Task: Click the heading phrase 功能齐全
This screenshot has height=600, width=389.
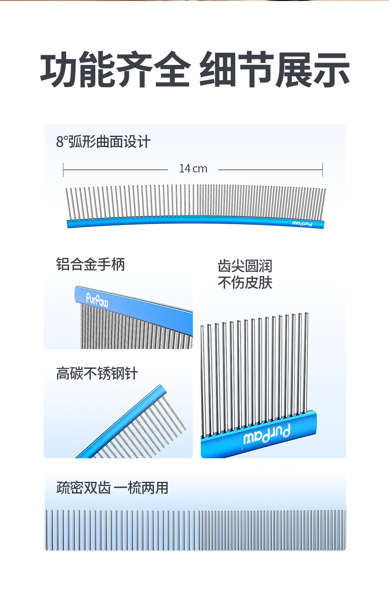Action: [x=115, y=70]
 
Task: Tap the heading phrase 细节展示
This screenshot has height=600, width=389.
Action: [x=274, y=70]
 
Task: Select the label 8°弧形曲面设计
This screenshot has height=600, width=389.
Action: [x=103, y=142]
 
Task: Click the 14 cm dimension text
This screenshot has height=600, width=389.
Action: [x=193, y=169]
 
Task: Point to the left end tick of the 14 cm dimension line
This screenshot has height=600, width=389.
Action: [x=63, y=169]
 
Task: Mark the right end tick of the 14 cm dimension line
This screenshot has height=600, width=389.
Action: [x=323, y=169]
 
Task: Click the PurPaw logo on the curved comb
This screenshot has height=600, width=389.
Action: [x=302, y=224]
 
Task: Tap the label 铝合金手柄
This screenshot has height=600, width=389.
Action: [x=90, y=264]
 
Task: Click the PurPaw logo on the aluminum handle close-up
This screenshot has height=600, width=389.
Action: [x=97, y=300]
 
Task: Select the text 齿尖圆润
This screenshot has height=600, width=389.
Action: [x=245, y=266]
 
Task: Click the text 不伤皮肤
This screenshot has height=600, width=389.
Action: [x=245, y=282]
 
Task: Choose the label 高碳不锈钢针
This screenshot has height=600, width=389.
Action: [x=97, y=373]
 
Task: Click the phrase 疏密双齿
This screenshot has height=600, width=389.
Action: [x=84, y=488]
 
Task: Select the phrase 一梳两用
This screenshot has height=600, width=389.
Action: [x=141, y=488]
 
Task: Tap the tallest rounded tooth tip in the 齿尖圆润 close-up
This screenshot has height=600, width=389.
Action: [x=306, y=314]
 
